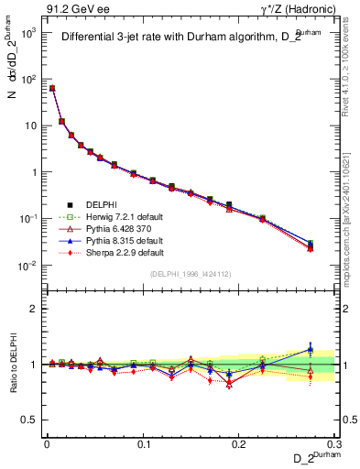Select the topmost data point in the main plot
point(52,88)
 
